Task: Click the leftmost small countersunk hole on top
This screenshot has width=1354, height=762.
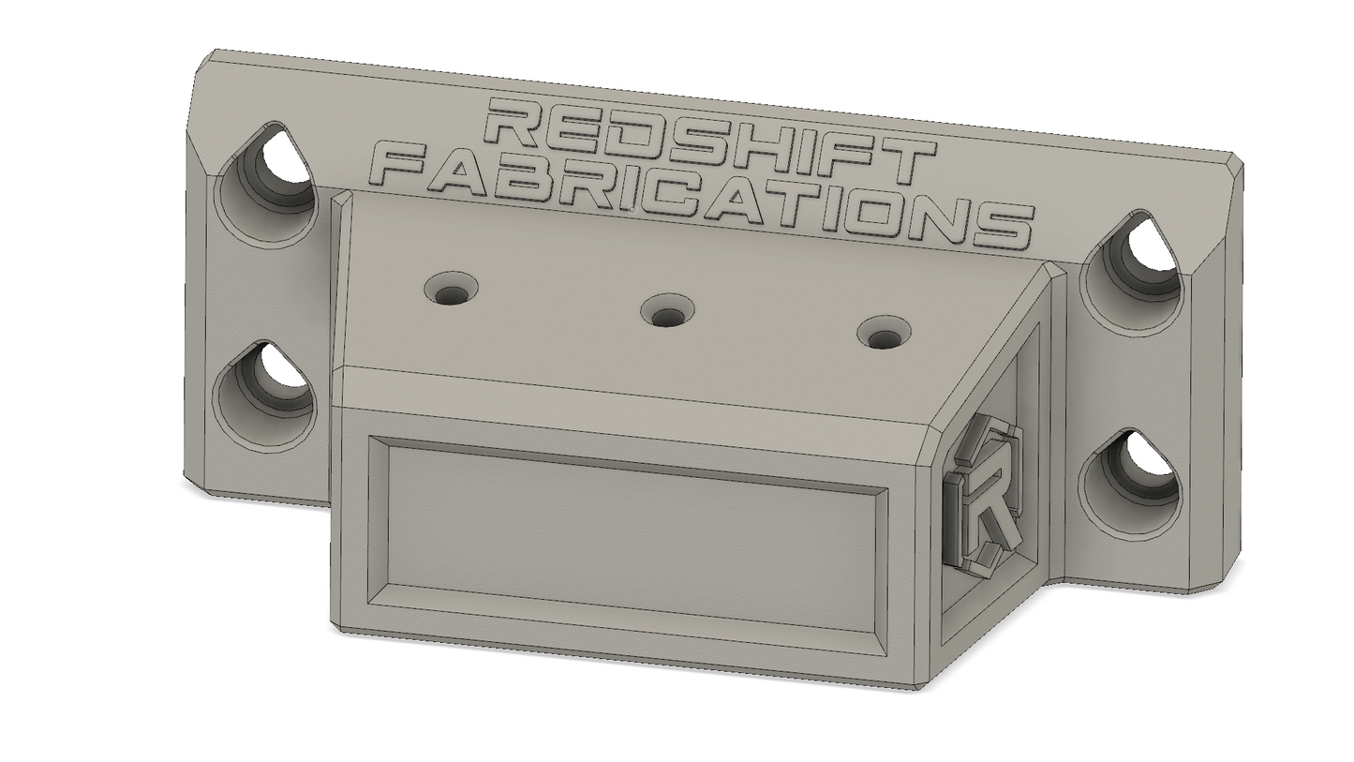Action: click(x=452, y=289)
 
